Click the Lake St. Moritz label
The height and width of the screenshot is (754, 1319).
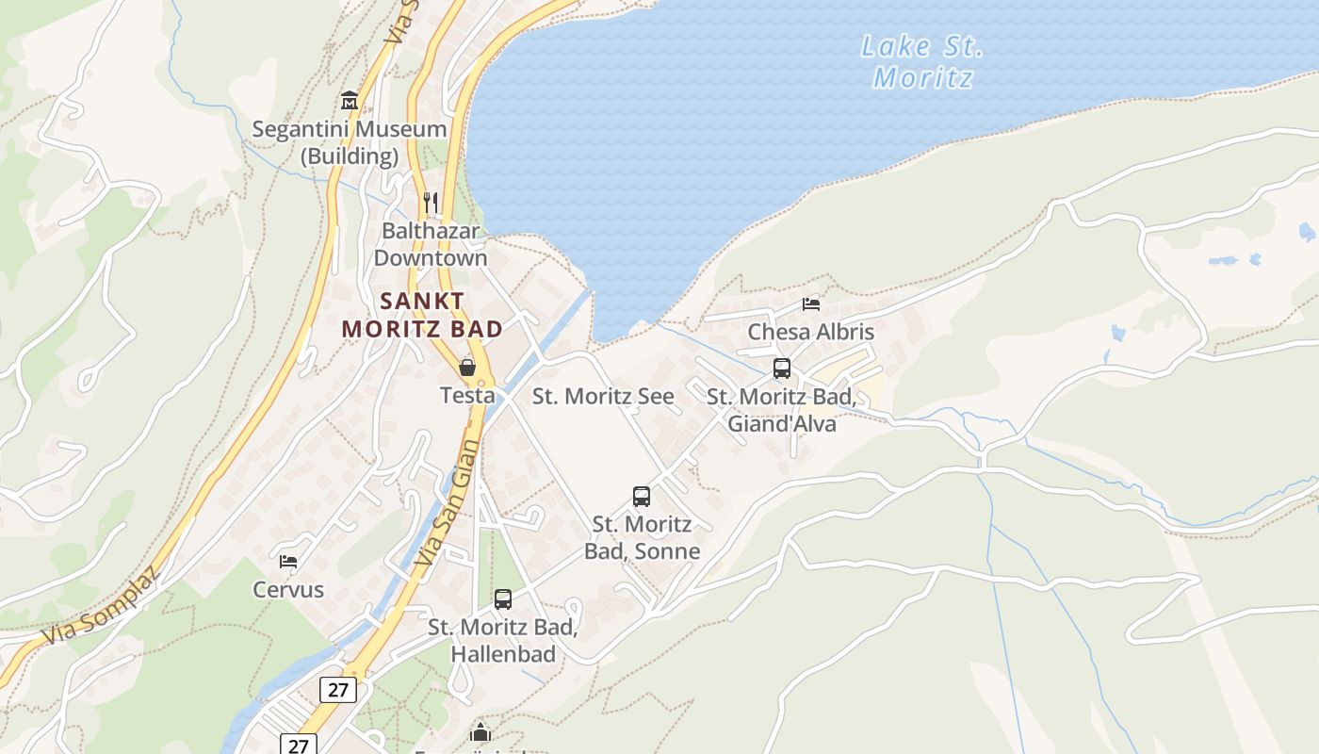coord(921,61)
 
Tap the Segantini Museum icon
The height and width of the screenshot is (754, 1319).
coord(350,100)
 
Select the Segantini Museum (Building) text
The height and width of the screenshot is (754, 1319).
coord(349,142)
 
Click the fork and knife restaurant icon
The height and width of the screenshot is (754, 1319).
coord(431,202)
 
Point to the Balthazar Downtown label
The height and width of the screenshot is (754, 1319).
coord(431,244)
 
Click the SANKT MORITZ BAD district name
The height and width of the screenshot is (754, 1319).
coord(422,315)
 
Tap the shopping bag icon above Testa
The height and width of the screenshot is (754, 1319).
coord(467,367)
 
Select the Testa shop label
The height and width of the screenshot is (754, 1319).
coord(467,395)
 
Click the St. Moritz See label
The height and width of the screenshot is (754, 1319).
coord(603,396)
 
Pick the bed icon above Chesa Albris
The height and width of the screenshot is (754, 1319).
coord(810,303)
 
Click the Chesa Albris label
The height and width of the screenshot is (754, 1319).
coord(810,332)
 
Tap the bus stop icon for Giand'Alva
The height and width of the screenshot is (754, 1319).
coord(781,369)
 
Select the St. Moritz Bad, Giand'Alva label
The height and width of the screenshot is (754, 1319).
coord(781,410)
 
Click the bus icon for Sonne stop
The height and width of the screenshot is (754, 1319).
coord(642,496)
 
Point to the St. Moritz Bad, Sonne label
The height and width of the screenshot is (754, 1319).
coord(642,537)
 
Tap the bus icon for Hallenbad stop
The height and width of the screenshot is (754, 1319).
coord(503,598)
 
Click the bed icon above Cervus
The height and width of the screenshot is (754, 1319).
coord(288,561)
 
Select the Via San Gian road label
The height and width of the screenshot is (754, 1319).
coord(441,503)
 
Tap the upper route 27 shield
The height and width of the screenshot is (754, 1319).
coord(338,690)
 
